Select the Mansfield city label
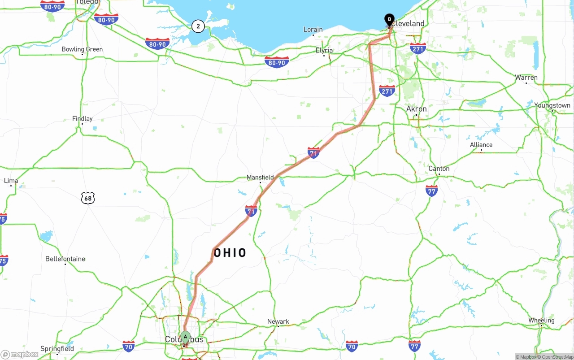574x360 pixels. point(260,178)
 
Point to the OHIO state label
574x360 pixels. point(230,253)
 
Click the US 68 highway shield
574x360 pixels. point(88,198)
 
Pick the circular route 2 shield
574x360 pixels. point(198,26)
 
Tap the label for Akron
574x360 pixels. point(416,109)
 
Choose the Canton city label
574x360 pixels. point(439,169)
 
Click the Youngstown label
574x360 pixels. point(552,105)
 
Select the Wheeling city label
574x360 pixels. point(541,321)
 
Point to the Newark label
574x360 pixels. point(278,321)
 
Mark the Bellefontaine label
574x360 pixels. point(65,259)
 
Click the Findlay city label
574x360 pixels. point(83,119)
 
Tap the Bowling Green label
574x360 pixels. point(82,49)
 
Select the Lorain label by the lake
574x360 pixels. point(313,30)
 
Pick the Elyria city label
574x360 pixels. point(324,50)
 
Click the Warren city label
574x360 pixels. point(526,78)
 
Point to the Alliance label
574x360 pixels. point(481,145)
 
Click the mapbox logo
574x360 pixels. point(20,354)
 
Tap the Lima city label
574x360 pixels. point(11,181)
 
